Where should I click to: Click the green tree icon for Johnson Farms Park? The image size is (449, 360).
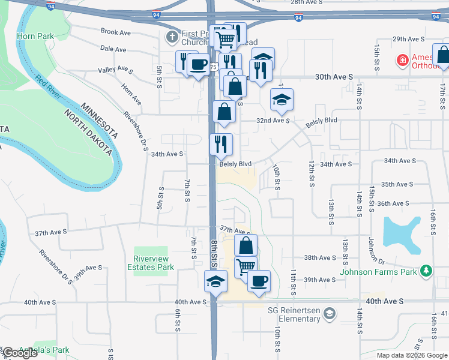(426, 271)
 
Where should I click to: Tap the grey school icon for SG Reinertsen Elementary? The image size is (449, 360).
(329, 313)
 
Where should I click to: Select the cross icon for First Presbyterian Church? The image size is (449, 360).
(172, 37)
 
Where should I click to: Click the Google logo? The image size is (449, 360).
(20, 353)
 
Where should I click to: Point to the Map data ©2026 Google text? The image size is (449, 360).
(411, 355)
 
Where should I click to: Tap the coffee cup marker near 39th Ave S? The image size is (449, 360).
(259, 281)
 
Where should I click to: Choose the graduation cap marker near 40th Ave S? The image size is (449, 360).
(216, 281)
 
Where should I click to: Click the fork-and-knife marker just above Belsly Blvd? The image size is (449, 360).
(221, 143)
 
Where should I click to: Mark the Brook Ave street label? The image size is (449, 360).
(116, 32)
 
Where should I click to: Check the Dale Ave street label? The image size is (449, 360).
(113, 49)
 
